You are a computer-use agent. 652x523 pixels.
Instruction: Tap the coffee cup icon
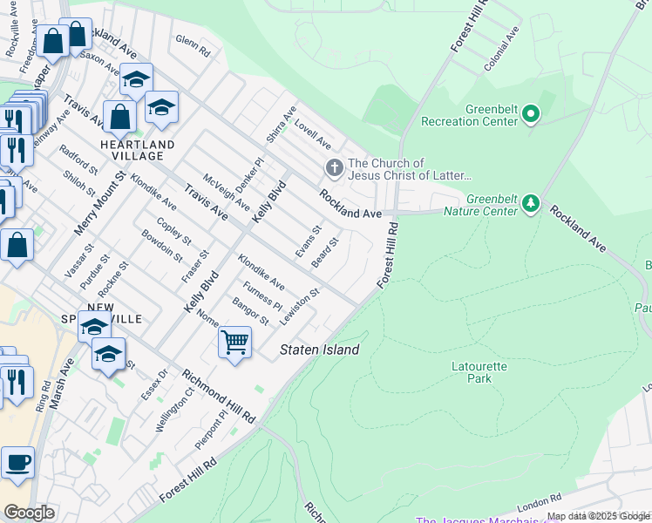[17, 462]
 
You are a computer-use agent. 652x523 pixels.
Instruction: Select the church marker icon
[333, 167]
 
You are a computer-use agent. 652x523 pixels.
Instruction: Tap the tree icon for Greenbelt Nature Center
[530, 204]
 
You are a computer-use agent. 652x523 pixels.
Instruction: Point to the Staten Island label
[319, 350]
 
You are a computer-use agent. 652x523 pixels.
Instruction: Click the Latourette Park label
[479, 372]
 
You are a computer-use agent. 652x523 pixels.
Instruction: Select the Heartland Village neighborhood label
[137, 150]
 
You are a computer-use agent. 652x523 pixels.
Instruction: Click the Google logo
[29, 512]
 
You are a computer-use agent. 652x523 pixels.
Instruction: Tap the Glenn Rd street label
[193, 46]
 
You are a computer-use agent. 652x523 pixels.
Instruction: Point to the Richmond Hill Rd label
[218, 397]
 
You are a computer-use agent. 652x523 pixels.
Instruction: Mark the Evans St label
[309, 241]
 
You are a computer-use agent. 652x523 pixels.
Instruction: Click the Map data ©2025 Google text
[598, 516]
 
